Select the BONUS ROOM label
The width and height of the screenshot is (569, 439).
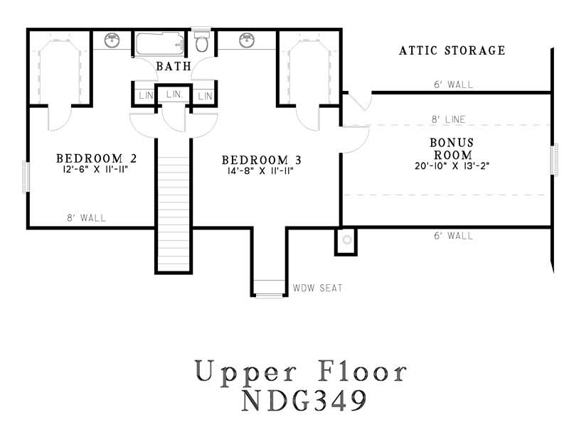click(451, 148)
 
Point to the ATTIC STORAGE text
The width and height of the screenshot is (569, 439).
click(452, 50)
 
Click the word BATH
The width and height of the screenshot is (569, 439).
click(174, 67)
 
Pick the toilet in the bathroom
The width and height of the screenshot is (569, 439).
click(202, 43)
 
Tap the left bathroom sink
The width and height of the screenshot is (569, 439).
click(112, 40)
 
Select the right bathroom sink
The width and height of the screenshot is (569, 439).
click(247, 40)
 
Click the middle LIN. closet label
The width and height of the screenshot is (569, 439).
click(174, 94)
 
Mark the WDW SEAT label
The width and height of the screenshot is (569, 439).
click(317, 288)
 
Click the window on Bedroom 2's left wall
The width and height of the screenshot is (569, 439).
click(26, 176)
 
